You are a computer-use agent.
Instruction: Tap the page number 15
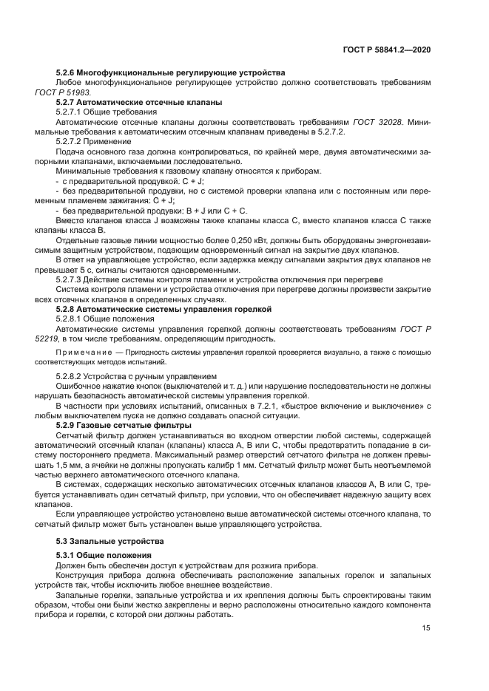425,627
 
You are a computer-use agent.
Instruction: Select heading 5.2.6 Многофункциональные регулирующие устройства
170,72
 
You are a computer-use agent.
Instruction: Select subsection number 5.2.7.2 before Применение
72,140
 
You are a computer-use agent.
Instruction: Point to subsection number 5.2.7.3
72,279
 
